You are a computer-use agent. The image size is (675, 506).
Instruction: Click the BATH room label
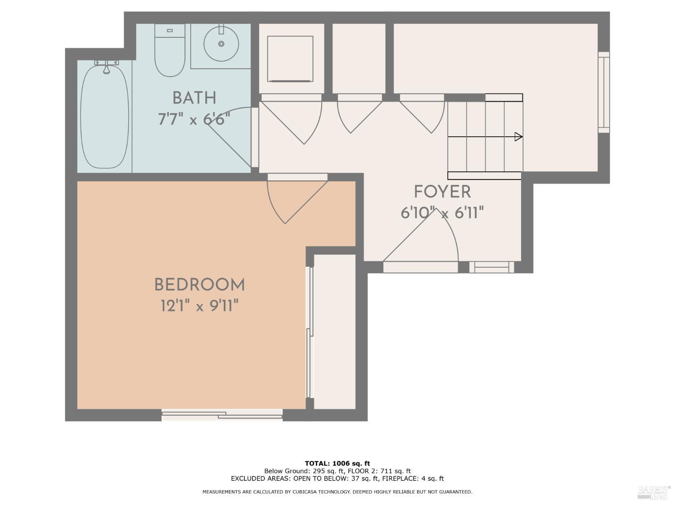tap(194, 98)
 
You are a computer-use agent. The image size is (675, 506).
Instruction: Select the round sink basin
tap(221, 44)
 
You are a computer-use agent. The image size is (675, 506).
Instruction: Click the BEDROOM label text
tap(199, 285)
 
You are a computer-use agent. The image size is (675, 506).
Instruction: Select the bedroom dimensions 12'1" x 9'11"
tap(199, 306)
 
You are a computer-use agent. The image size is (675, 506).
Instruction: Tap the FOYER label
tap(442, 192)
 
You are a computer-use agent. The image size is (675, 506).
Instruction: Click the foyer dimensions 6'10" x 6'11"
tap(442, 213)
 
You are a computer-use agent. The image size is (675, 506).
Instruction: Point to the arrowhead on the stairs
tap(518, 137)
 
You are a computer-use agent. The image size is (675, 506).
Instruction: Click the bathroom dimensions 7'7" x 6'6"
tap(194, 120)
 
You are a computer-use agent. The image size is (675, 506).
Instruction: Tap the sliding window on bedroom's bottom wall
tap(222, 415)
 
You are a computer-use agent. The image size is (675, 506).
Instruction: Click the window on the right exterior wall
tap(603, 92)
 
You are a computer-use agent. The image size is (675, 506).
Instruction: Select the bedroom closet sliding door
tap(309, 333)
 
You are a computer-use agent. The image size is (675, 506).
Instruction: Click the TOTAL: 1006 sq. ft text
tap(337, 463)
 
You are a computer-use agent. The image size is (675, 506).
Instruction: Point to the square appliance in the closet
tap(290, 59)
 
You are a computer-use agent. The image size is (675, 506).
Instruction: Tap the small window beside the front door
tap(491, 267)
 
